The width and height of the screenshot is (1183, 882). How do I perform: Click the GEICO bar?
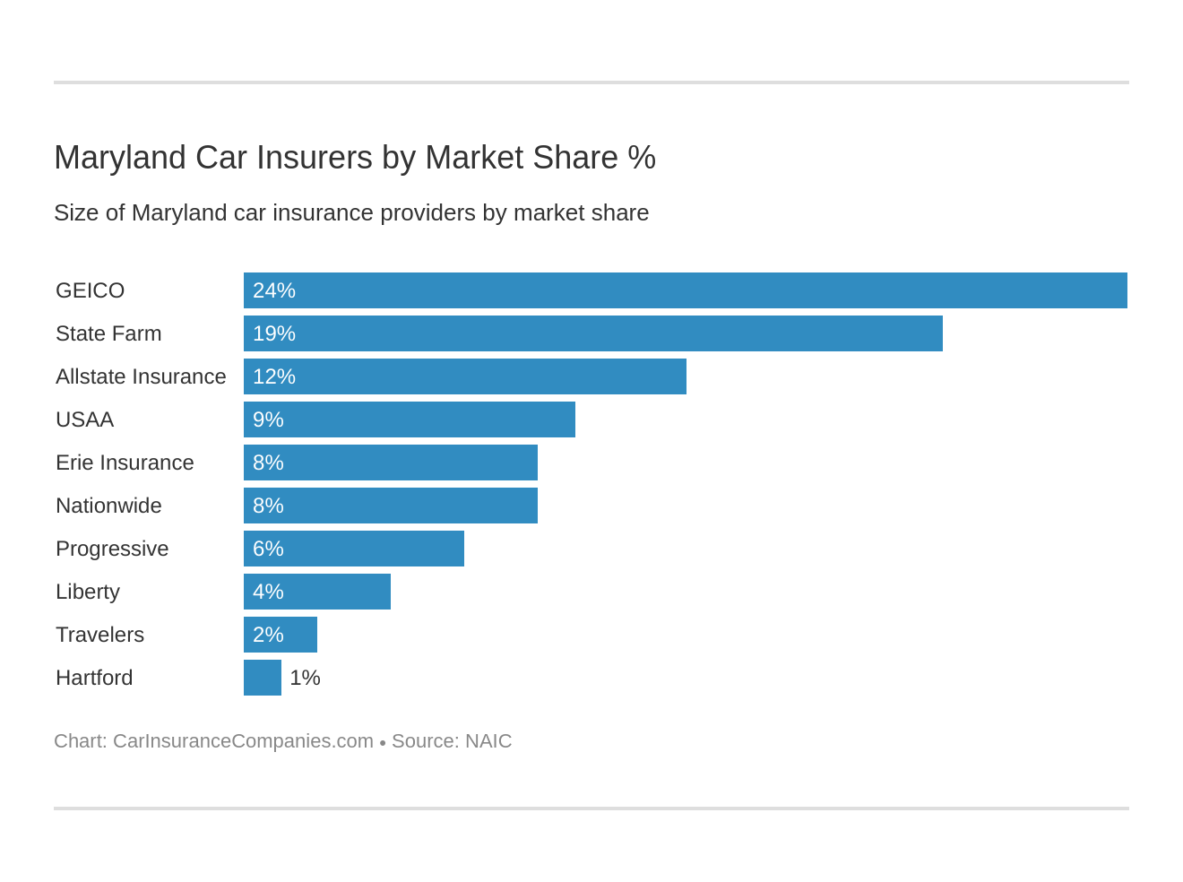686,290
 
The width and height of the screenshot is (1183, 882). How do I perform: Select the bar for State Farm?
593,333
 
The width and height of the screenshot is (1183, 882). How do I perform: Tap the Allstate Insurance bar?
465,376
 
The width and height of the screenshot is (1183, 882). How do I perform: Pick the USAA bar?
410,419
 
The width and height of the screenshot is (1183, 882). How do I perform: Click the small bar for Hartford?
263,678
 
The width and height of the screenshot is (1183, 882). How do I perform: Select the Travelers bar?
281,635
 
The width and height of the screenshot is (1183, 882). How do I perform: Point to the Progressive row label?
112,549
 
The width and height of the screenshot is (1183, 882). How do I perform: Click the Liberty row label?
88,592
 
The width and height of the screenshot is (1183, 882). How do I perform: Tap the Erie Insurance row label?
125,463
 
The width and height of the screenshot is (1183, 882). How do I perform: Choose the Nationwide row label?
108,506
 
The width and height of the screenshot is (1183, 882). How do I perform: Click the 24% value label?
274,290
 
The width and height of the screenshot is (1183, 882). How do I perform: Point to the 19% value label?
274,333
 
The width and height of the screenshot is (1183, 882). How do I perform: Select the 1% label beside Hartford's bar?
305,678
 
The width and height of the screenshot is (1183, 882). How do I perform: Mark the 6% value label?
268,549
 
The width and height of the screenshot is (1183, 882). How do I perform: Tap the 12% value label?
274,376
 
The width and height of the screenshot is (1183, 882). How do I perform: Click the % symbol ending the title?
642,158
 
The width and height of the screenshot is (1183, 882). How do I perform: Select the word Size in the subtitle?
72,212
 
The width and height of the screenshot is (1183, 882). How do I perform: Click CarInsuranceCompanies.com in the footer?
243,741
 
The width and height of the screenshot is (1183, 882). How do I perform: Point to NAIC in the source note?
488,741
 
